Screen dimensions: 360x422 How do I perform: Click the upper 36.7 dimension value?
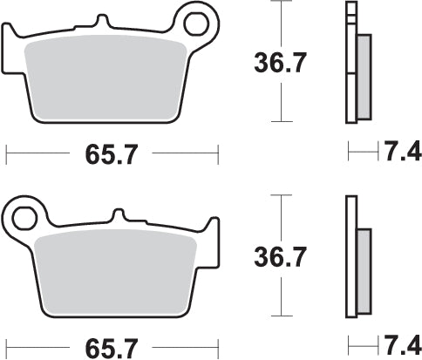click(x=279, y=64)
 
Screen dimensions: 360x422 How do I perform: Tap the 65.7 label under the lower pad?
click(x=110, y=347)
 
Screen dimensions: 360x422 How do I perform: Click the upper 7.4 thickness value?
click(x=398, y=154)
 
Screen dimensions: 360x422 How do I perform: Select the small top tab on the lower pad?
click(x=119, y=214)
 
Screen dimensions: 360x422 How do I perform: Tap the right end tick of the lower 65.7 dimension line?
click(x=216, y=347)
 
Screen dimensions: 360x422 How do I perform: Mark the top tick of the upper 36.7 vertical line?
click(x=279, y=3)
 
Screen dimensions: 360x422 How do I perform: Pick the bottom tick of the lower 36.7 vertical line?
click(x=279, y=316)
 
